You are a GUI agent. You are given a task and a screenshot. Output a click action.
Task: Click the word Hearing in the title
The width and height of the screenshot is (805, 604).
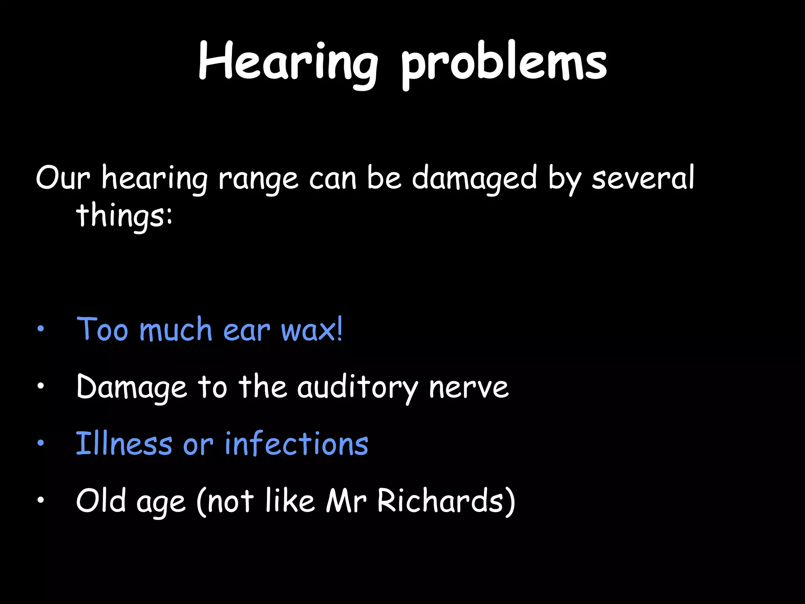click(x=288, y=63)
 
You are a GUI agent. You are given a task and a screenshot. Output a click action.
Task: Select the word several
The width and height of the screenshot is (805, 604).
click(x=643, y=178)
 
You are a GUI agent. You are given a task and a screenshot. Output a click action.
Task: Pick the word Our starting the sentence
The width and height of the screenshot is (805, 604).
click(x=63, y=178)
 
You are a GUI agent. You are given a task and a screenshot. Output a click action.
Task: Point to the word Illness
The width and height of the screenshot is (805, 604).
click(x=124, y=444)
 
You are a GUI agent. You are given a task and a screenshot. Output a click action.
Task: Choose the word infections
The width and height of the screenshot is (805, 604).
click(x=296, y=444)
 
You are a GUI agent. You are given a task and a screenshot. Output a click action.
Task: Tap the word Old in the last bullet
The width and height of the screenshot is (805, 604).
click(x=101, y=501)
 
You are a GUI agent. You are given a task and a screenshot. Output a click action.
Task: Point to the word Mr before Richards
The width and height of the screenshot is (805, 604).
click(x=346, y=501)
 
